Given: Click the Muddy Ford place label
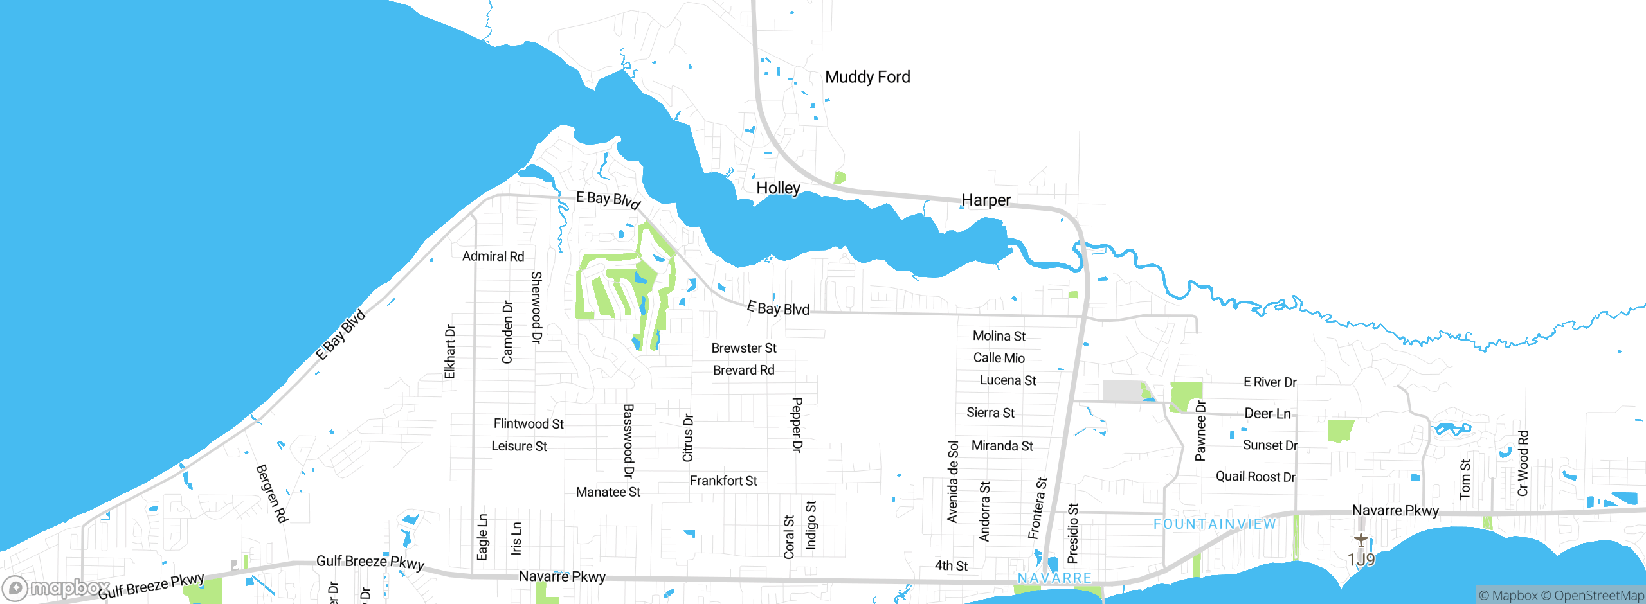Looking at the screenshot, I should point(867,77).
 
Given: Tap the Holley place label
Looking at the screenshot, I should point(778,188).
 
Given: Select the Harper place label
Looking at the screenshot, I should point(986,200).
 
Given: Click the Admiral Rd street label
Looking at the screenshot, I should point(493,256).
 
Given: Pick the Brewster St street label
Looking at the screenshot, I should point(744,348).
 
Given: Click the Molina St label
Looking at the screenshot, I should point(999,336).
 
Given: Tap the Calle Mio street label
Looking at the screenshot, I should point(999,358).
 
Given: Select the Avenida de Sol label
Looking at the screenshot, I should point(953,481).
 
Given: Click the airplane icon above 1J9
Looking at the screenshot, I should point(1361,539).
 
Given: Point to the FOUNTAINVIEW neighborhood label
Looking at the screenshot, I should point(1215,524).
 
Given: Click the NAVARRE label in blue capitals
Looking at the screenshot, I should point(1054,578).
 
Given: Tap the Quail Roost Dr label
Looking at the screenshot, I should point(1255,477).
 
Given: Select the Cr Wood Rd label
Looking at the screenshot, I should point(1523,463).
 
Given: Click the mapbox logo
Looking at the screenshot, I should point(57,588).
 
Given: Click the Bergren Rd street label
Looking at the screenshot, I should point(271,493).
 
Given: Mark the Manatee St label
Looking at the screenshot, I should point(608,492).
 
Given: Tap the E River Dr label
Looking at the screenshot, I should point(1270,382).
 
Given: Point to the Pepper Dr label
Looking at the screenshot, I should point(797,425).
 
